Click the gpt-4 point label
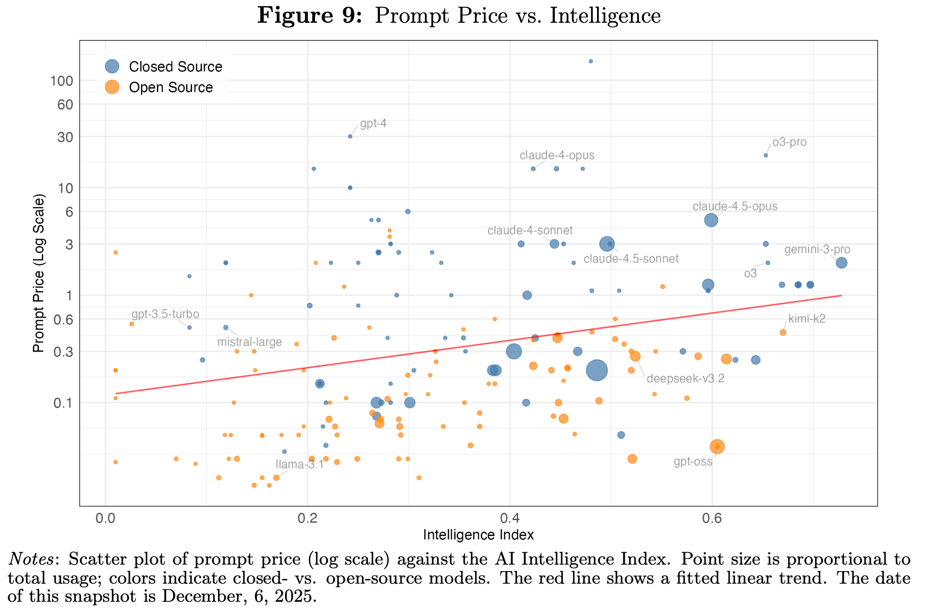(x=373, y=124)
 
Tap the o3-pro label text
(x=789, y=142)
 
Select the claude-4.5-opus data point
(x=711, y=220)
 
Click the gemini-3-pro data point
(x=841, y=263)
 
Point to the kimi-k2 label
(x=807, y=319)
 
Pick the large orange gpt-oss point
(x=717, y=446)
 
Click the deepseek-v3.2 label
(x=685, y=378)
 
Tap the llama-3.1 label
(x=299, y=464)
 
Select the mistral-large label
(x=250, y=342)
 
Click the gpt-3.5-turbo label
(x=165, y=314)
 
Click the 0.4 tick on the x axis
(x=509, y=517)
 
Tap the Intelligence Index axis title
(x=478, y=535)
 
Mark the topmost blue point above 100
(x=591, y=61)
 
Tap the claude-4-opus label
(x=557, y=156)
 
